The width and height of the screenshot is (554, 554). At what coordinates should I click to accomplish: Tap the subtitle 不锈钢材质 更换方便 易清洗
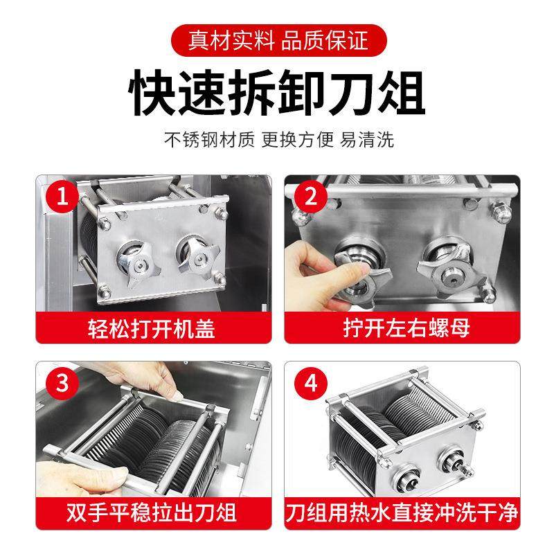tap(277, 139)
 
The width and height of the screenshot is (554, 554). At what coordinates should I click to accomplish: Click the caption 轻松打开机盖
tap(152, 327)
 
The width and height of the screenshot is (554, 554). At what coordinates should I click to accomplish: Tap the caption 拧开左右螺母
tap(401, 327)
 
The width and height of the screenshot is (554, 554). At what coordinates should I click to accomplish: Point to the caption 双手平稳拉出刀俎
tap(152, 513)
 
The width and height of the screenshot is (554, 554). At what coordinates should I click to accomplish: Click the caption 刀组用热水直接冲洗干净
tap(401, 513)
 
